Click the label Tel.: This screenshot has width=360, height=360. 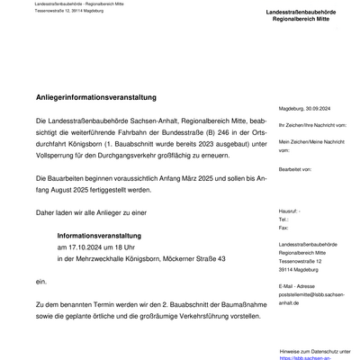pyautogui.click(x=284, y=219)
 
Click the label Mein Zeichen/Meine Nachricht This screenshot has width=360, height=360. pyautogui.click(x=311, y=141)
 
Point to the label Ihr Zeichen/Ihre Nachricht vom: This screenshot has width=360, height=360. pyautogui.click(x=314, y=125)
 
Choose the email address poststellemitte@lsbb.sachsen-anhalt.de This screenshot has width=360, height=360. pyautogui.click(x=310, y=297)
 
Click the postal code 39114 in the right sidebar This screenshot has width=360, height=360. pyautogui.click(x=287, y=269)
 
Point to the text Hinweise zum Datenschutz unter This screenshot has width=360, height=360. pyautogui.click(x=316, y=351)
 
